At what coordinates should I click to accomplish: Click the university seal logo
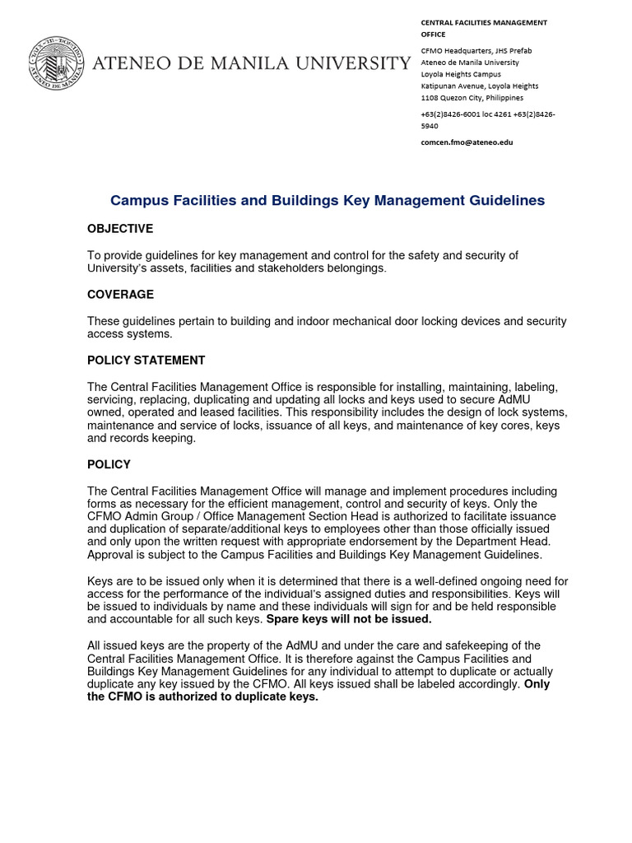(56, 63)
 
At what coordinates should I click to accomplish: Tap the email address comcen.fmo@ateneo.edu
(467, 142)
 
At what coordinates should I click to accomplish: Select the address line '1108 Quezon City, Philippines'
(472, 97)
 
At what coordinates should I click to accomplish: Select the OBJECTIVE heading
(120, 228)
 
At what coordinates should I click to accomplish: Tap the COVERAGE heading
(120, 294)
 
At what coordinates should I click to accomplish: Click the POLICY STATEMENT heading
(146, 360)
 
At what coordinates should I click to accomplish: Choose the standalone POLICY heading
(109, 464)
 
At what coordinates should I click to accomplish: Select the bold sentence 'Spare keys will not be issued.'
(349, 619)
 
